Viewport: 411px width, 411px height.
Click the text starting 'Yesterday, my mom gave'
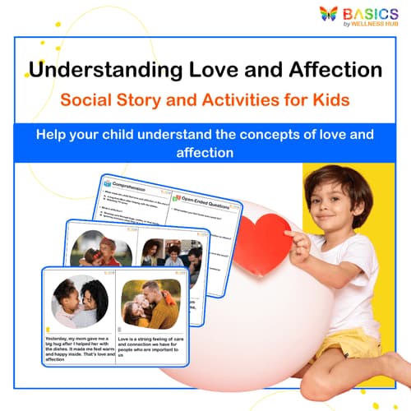click(78, 346)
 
